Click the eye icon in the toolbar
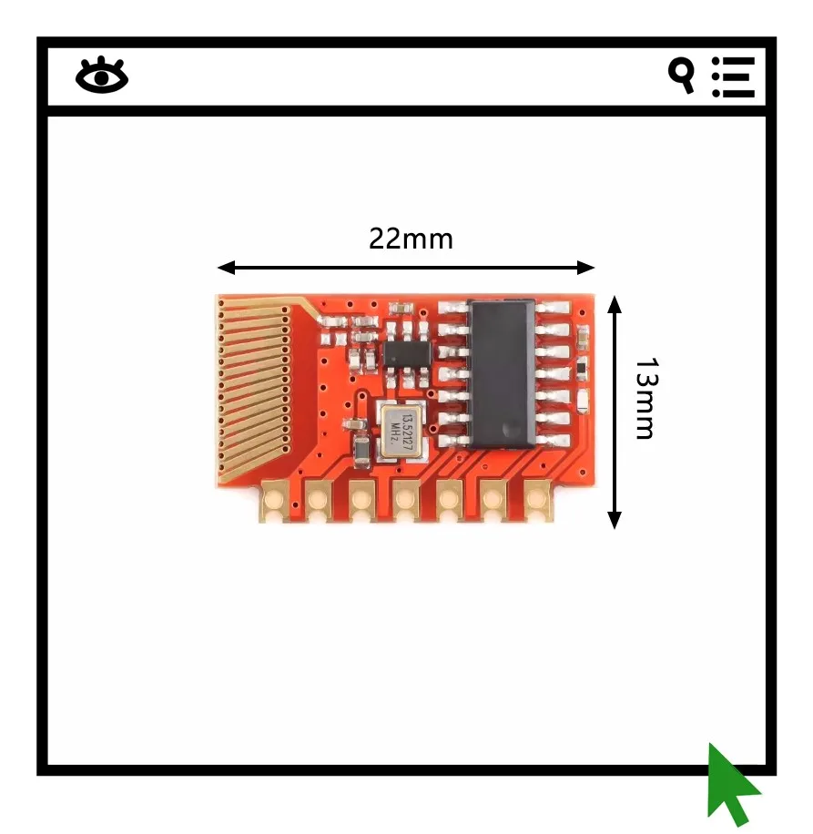pyautogui.click(x=102, y=76)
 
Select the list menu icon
pyautogui.click(x=733, y=76)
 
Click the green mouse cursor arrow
pyautogui.click(x=730, y=783)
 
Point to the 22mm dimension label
pyautogui.click(x=411, y=239)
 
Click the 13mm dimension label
pyautogui.click(x=645, y=398)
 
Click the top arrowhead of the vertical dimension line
pyautogui.click(x=615, y=303)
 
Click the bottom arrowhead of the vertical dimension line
pyautogui.click(x=615, y=519)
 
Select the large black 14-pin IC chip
pyautogui.click(x=502, y=373)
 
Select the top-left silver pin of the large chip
pyautogui.click(x=452, y=309)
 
